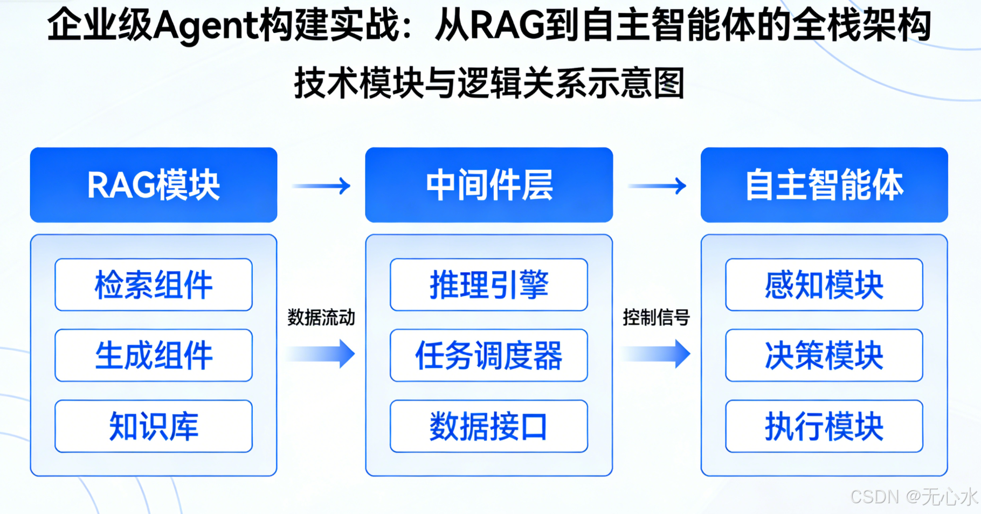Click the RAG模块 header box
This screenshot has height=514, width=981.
pos(154,185)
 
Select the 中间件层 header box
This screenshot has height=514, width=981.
pos(489,185)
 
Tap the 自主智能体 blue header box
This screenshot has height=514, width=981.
pos(824,185)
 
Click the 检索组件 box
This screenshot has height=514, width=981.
pos(154,284)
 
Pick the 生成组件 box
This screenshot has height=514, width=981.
pos(154,355)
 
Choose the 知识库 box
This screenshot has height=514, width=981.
pos(154,426)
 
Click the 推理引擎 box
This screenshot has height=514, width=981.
pos(489,284)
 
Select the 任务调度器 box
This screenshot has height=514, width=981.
pos(489,355)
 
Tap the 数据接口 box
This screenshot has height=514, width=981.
pos(489,426)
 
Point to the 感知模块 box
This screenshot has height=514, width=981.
pos(824,284)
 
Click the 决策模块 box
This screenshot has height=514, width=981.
pos(824,355)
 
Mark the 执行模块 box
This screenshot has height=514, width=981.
pos(824,426)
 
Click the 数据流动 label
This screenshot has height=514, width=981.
pos(321,317)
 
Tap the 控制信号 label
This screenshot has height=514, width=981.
pos(656,317)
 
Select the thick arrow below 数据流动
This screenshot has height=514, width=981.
pos(322,353)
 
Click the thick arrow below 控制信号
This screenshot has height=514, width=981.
pos(657,353)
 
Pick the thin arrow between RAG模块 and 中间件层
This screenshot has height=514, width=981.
pos(322,186)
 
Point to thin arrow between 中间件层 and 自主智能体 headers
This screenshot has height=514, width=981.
pos(657,186)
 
